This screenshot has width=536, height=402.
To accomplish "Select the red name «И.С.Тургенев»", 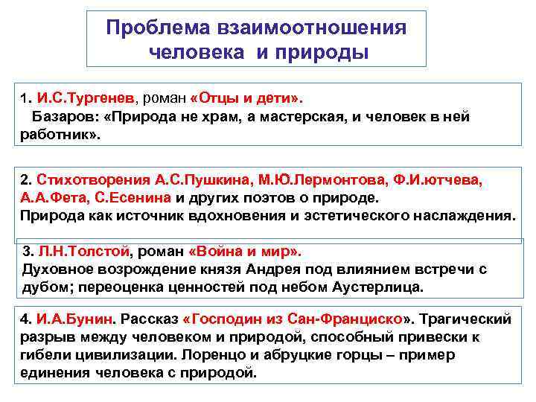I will point(86,98).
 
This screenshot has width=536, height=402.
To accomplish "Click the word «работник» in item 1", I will point(54,135).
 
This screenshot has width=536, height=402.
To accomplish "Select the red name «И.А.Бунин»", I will point(76,319).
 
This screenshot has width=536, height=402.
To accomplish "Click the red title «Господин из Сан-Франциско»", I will point(297,319).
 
